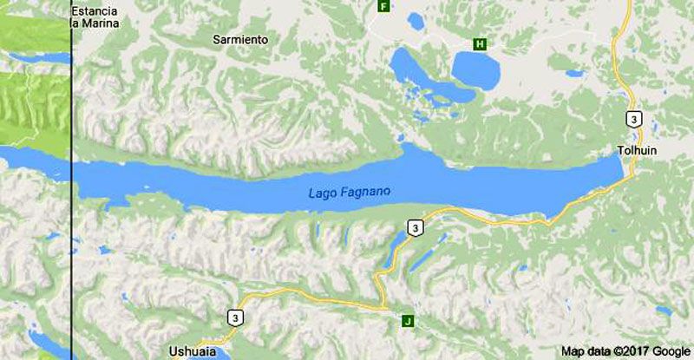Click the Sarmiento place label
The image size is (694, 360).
click(240, 40)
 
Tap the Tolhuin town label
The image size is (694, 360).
click(637, 150)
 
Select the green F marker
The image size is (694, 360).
click(383, 6)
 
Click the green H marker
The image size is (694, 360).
click(479, 44)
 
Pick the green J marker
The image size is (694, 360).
click(408, 322)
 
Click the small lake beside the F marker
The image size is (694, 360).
click(416, 19)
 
